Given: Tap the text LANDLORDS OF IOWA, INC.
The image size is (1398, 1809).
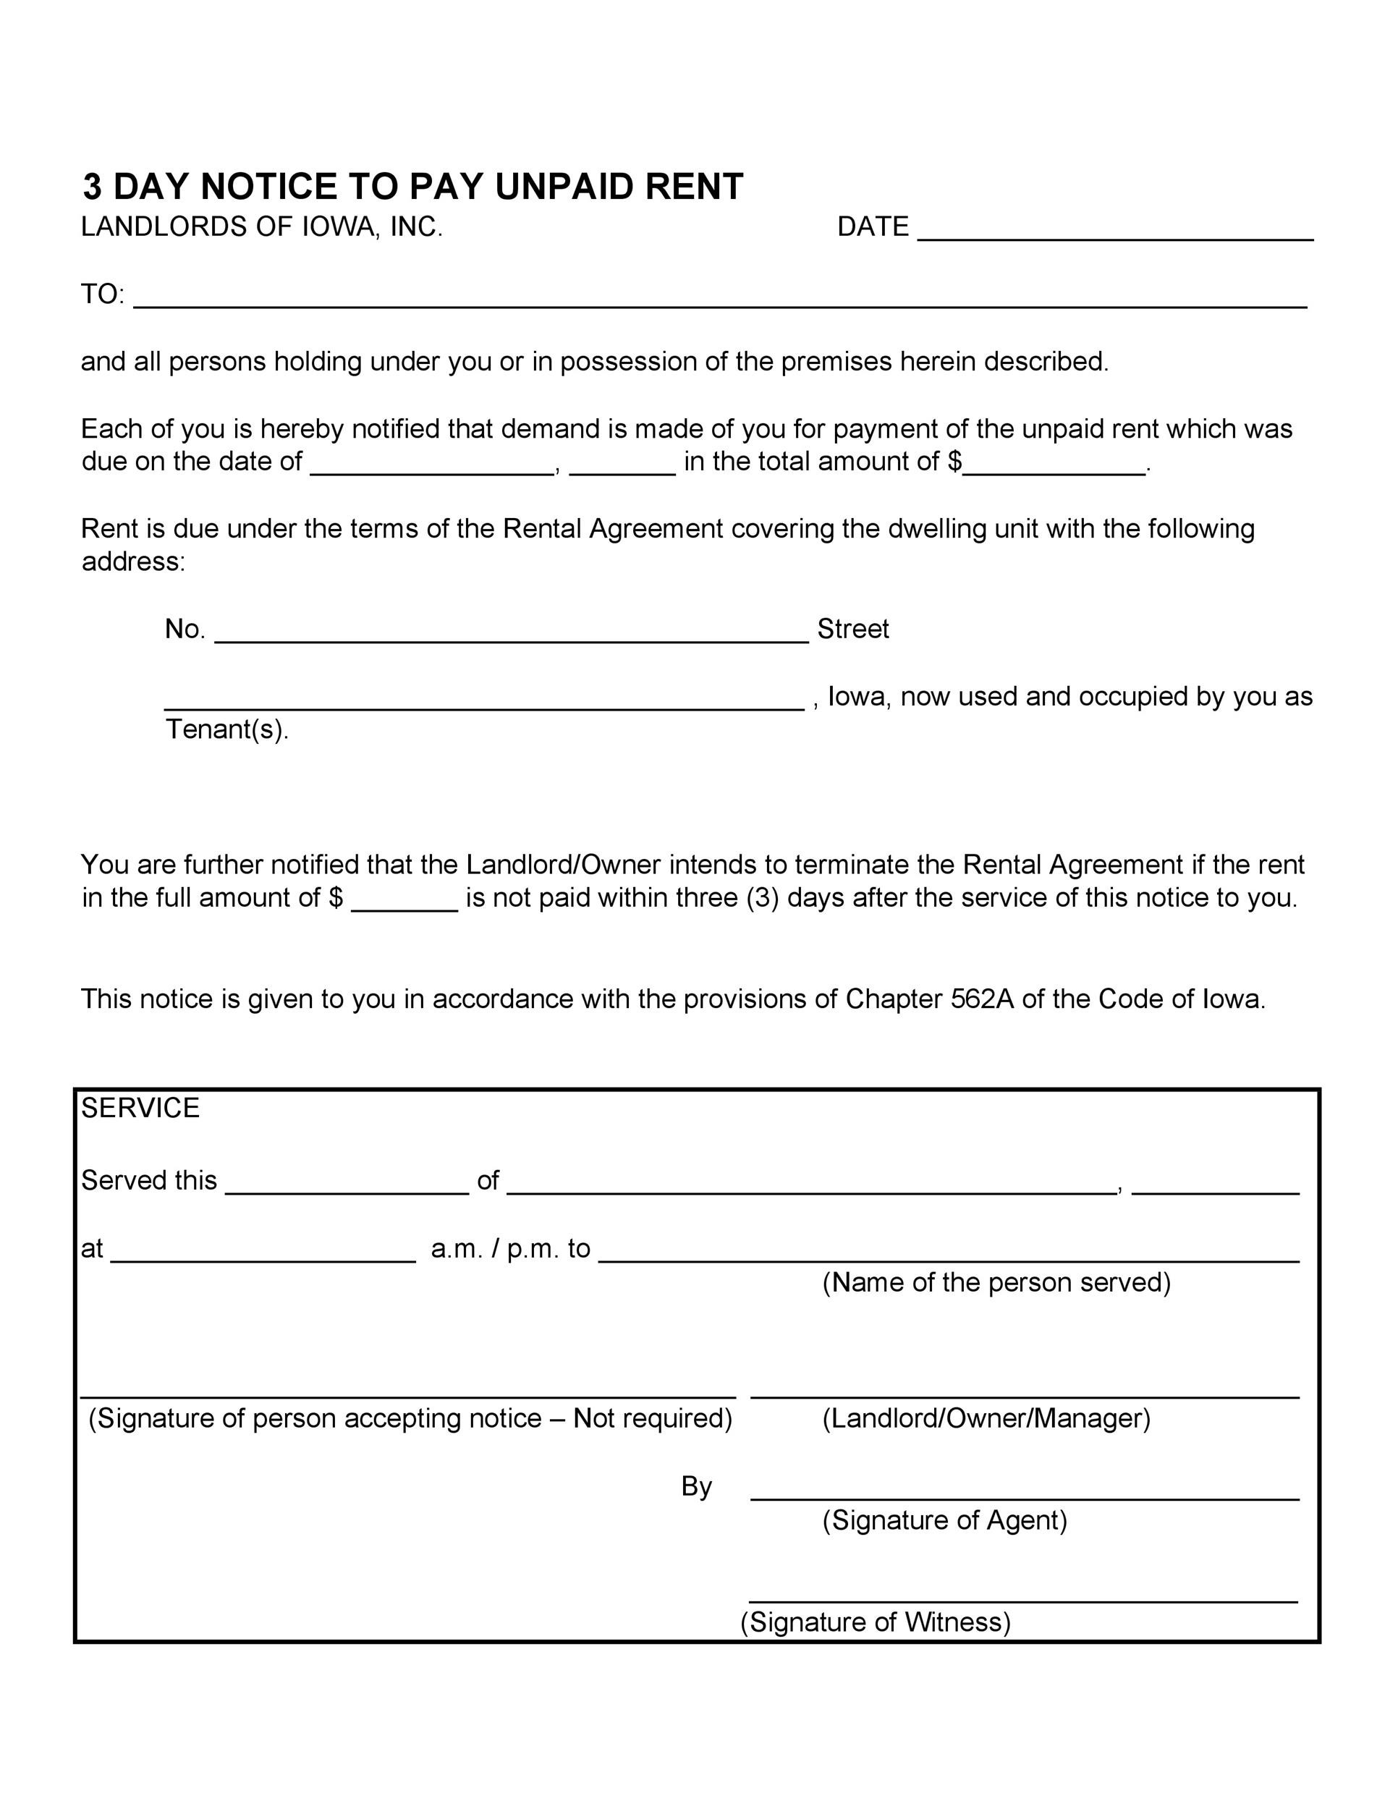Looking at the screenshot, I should tap(262, 227).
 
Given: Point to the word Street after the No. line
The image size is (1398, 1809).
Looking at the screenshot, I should tap(853, 630).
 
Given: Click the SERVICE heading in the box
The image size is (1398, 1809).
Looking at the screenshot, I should tap(140, 1109).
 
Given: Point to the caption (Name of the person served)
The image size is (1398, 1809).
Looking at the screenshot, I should tap(996, 1282).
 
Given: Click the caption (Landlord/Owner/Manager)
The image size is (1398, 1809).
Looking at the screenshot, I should tap(986, 1418).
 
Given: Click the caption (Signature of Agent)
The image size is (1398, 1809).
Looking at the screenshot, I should tap(945, 1520).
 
